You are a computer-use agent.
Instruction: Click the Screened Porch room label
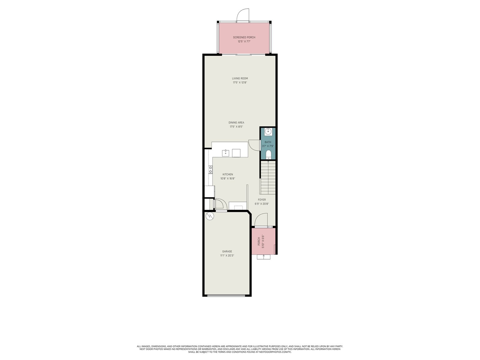244,37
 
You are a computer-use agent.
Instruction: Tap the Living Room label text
240,79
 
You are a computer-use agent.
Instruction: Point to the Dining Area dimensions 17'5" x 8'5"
236,127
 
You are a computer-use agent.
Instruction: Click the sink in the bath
268,132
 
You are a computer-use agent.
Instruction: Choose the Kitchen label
228,174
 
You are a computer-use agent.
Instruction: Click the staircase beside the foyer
267,178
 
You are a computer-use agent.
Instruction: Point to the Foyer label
262,200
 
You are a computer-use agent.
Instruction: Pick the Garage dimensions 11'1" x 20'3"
227,256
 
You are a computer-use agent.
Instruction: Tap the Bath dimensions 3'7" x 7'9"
268,146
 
